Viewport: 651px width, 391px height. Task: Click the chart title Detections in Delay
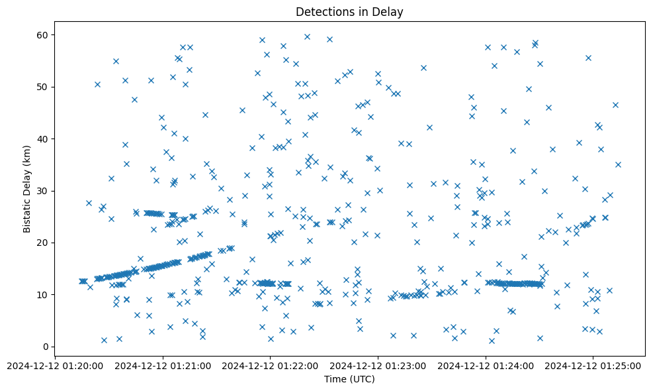click(x=349, y=12)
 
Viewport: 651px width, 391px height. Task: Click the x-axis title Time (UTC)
click(x=349, y=379)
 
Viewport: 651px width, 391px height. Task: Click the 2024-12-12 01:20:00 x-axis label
click(x=56, y=365)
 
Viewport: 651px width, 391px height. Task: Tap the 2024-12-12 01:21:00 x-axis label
click(x=163, y=365)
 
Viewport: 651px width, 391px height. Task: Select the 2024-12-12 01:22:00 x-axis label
click(x=271, y=365)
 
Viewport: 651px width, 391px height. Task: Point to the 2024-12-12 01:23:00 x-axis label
click(x=378, y=365)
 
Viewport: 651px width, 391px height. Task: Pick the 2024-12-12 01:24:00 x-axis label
click(x=486, y=365)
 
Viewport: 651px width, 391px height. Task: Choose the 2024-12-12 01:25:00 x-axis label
click(x=593, y=365)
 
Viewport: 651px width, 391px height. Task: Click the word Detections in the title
click(x=322, y=12)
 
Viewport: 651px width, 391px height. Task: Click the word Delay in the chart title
click(x=390, y=12)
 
